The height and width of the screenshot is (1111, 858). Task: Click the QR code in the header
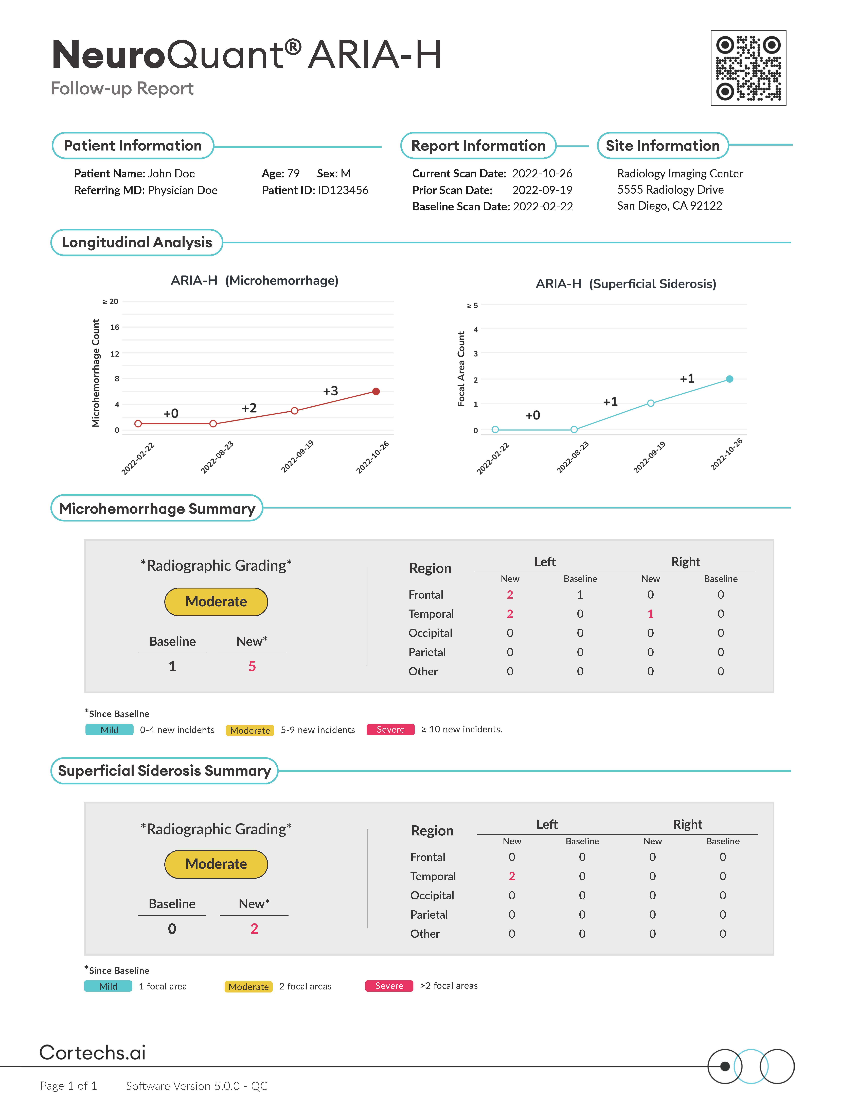[x=748, y=68]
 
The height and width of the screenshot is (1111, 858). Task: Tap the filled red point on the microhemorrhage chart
[x=376, y=391]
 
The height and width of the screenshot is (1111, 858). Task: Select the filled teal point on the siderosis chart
[x=729, y=379]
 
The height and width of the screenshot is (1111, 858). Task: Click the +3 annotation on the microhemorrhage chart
[x=330, y=391]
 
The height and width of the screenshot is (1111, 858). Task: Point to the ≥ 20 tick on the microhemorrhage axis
[x=110, y=302]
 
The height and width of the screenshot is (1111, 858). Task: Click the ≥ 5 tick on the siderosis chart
[x=472, y=306]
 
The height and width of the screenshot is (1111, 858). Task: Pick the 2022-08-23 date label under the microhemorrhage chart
[x=217, y=457]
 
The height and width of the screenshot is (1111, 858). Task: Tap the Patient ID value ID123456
[x=343, y=190]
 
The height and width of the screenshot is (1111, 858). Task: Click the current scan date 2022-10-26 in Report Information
[x=542, y=173]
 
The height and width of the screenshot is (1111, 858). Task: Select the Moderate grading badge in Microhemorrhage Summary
[x=216, y=602]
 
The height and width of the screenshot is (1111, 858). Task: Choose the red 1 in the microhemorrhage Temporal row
[x=650, y=614]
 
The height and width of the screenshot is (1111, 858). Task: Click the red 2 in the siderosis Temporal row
[x=512, y=876]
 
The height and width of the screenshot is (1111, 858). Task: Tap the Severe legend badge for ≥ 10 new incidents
[x=390, y=730]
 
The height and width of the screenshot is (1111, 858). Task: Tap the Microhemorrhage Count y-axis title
[x=96, y=373]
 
